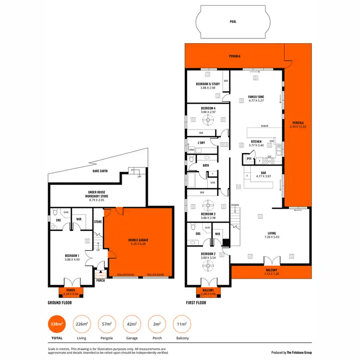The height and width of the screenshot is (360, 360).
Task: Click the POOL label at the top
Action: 233,22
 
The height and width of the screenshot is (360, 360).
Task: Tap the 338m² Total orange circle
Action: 57,325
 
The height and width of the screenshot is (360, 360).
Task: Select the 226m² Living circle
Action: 82,325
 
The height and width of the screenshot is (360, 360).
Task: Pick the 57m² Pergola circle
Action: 107,325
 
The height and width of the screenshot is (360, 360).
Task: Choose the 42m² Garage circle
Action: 132,325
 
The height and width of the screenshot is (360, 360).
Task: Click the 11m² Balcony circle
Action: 181,325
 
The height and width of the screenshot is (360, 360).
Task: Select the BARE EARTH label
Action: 102,170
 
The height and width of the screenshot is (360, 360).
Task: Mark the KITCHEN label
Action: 256,142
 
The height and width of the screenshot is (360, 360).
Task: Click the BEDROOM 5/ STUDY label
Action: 208,85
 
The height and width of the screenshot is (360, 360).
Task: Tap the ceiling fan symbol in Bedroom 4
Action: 208,120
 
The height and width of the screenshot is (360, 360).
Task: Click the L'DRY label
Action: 202,143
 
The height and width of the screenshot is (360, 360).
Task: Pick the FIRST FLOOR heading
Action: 196,303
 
